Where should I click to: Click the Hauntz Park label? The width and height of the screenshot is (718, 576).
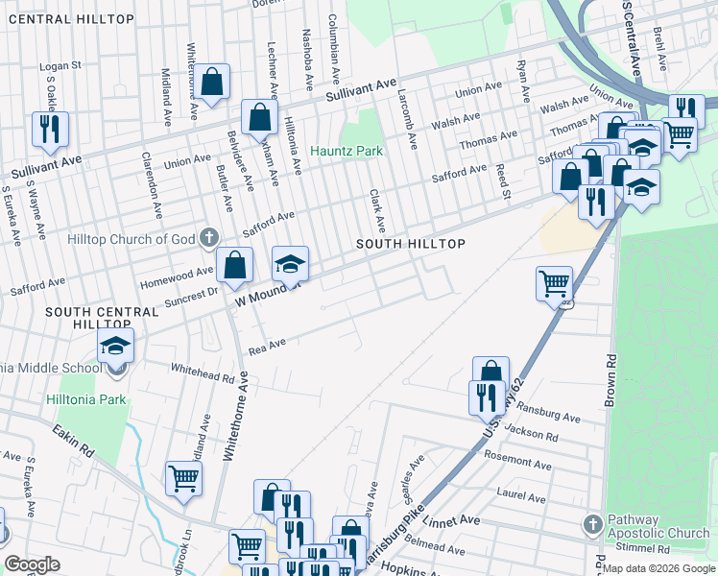347,152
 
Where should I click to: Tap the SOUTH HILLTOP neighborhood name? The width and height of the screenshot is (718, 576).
411,245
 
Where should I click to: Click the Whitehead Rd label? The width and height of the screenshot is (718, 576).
203,372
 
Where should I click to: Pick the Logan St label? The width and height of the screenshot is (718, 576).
60,67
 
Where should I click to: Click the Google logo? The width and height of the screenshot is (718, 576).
33,564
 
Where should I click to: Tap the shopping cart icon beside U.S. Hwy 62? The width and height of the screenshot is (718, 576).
554,282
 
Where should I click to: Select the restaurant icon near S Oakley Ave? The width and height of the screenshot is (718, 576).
49,129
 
